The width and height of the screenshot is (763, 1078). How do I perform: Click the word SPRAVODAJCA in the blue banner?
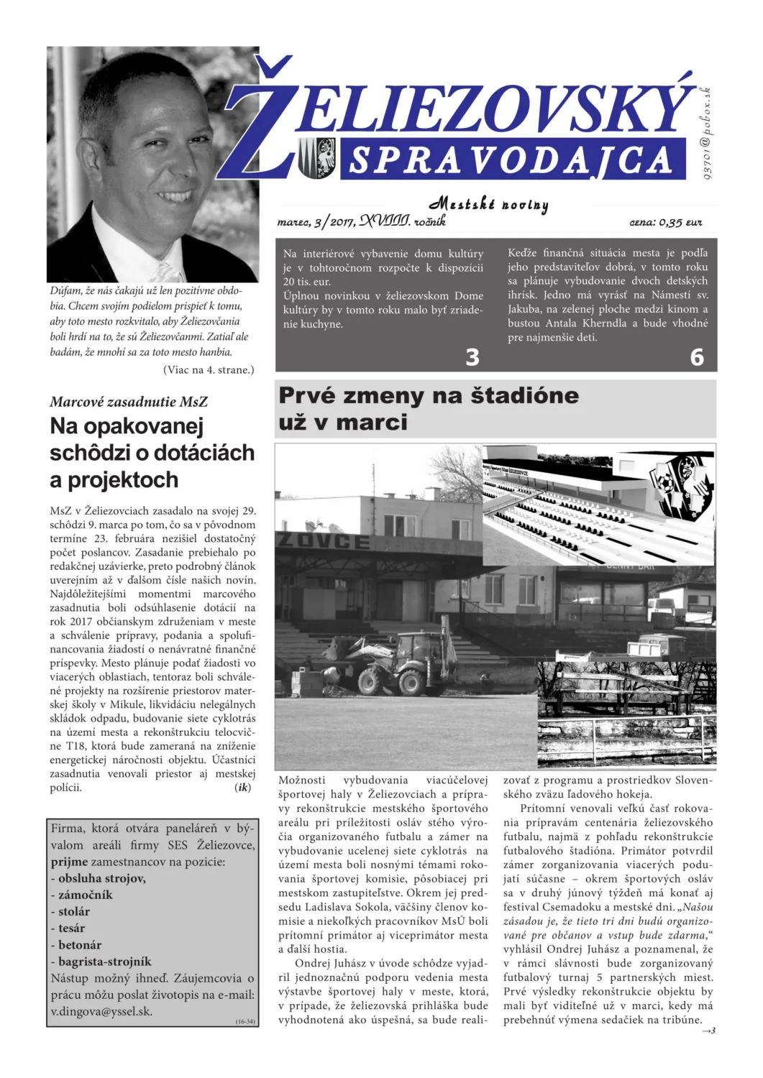510,160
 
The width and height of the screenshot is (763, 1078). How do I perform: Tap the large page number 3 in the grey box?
472,357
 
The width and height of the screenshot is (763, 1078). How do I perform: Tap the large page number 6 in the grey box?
697,357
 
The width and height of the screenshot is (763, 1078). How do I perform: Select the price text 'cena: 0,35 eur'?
665,223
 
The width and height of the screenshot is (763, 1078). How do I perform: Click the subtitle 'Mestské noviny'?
488,205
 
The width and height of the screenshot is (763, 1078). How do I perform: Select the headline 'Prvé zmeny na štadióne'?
429,395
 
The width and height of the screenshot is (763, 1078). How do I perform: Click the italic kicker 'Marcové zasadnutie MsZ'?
129,402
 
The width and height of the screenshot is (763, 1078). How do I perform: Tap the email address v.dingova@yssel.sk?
101,1011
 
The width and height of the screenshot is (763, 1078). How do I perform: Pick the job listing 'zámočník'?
85,895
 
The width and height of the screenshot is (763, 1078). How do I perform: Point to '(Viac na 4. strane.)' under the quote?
209,370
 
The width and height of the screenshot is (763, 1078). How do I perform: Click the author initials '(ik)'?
243,788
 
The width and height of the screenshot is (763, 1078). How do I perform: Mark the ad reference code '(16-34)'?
245,1021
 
